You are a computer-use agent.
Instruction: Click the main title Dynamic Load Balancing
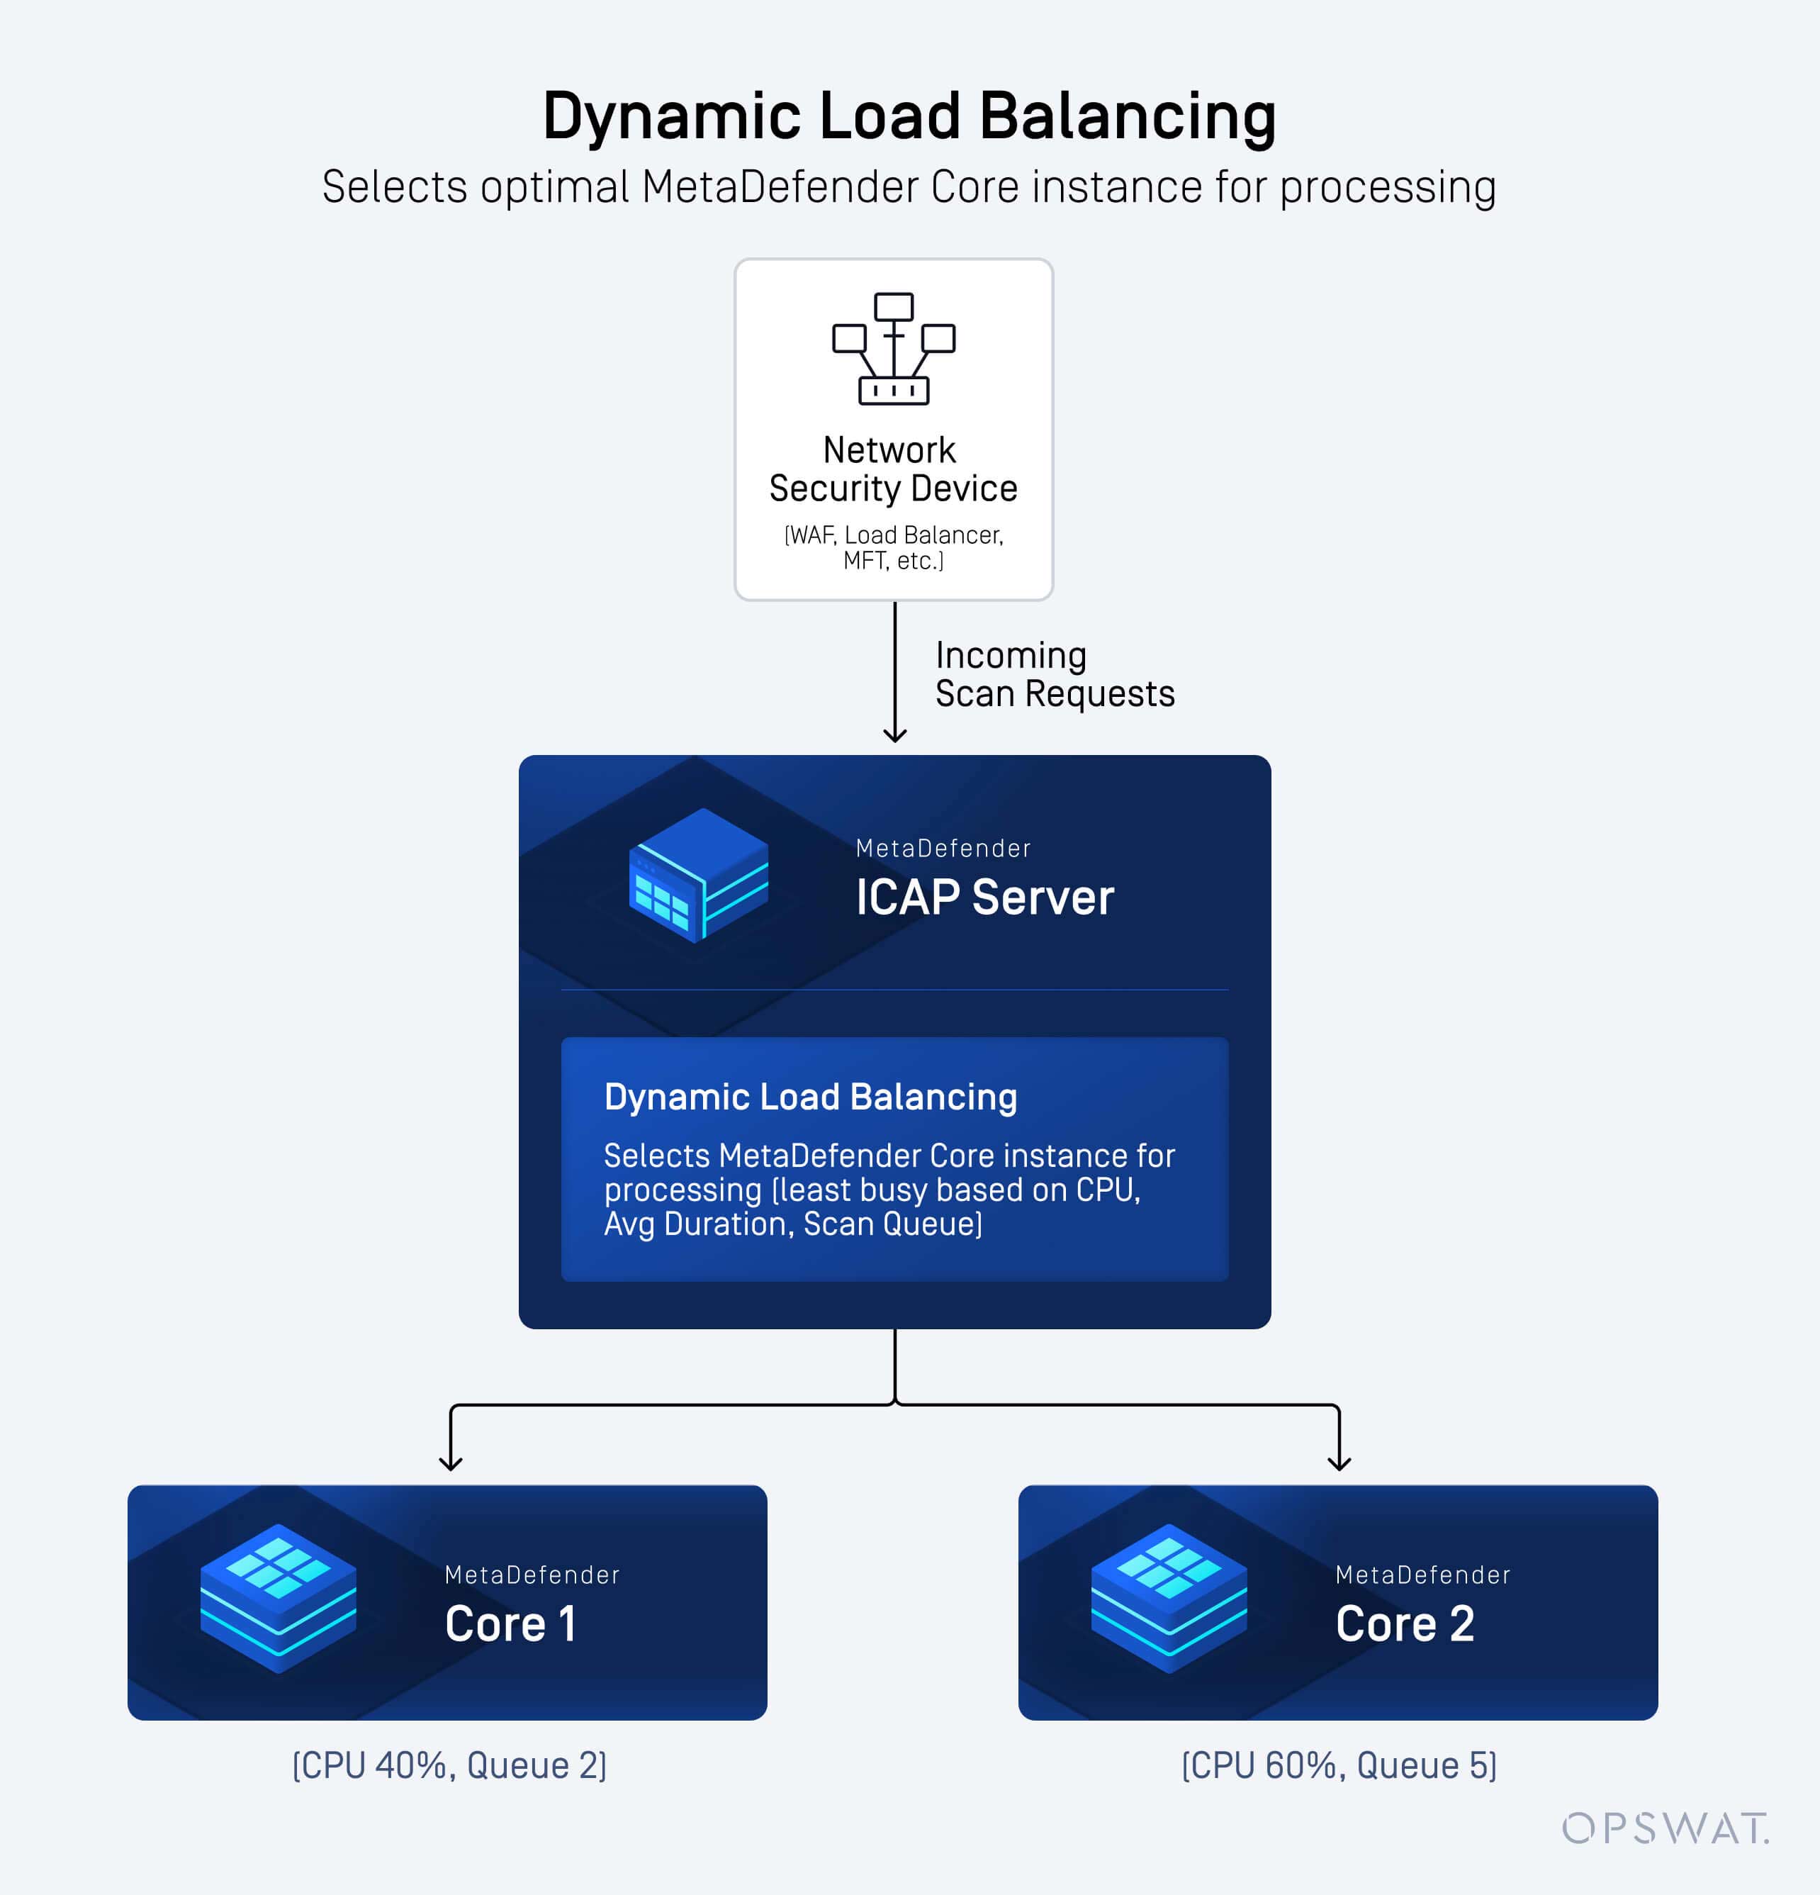click(909, 116)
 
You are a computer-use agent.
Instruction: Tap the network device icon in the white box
click(893, 349)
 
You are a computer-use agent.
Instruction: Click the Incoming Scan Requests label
click(1054, 675)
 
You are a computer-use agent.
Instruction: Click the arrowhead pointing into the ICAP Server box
click(895, 737)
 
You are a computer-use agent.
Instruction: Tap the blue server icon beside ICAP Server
click(699, 874)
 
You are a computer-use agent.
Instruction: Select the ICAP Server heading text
click(984, 898)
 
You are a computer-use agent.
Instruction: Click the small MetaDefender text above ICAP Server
click(943, 849)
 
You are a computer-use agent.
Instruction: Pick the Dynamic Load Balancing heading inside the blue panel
click(810, 1097)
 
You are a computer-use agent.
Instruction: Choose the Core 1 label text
click(510, 1624)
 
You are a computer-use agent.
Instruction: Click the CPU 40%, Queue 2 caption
click(449, 1765)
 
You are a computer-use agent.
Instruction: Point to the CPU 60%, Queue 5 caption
click(1339, 1765)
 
